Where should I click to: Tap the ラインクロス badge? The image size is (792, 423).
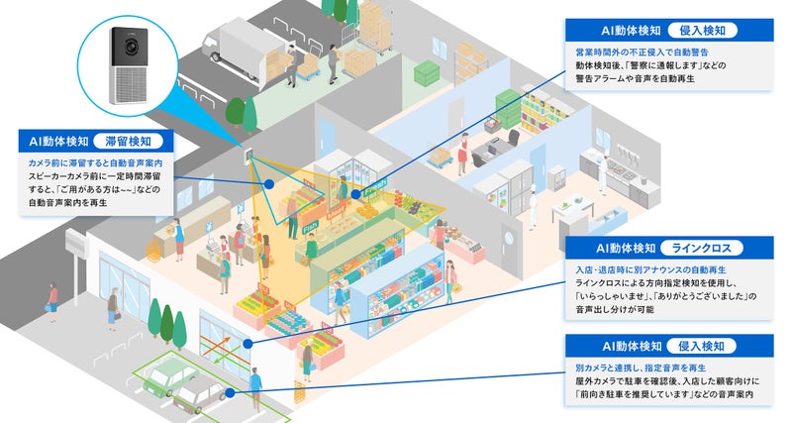click(x=702, y=248)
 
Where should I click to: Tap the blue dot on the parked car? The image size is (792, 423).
click(x=231, y=392)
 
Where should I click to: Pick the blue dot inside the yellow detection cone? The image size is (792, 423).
click(x=355, y=194)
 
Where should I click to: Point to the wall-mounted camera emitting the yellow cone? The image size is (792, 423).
click(x=250, y=157)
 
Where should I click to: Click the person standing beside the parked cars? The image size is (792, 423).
click(x=255, y=380)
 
